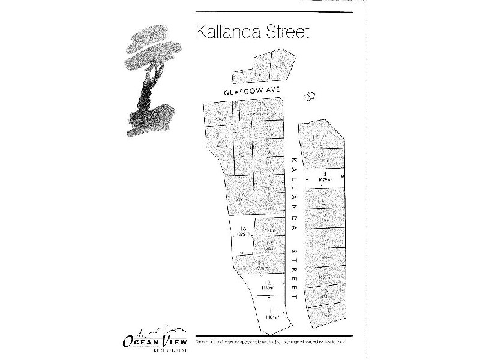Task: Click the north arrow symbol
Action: (310, 96)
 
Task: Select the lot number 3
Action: (324, 173)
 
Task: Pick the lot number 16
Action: (243, 229)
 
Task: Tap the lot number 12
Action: (268, 283)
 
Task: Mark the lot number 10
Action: (328, 310)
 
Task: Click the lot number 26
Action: (220, 113)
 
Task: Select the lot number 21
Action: (269, 146)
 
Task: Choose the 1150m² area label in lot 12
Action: (268, 289)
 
